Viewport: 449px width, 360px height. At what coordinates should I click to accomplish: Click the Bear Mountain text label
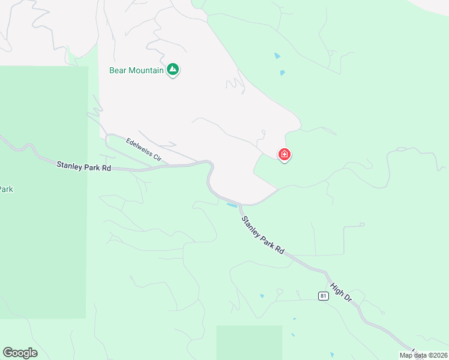pos(136,70)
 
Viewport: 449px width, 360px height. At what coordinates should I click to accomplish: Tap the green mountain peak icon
pos(173,70)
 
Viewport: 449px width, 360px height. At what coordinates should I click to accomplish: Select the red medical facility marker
pos(285,155)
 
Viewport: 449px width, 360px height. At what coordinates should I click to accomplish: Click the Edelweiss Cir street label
pos(144,150)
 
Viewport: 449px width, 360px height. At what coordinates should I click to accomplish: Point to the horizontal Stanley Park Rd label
pos(84,166)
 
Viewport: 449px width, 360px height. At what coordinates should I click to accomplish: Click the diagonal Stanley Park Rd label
pos(263,235)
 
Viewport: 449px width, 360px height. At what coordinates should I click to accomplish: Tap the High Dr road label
pos(340,290)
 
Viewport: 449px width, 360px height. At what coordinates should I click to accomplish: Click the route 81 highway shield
pos(323,296)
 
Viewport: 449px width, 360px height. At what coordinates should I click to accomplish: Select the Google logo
pos(20,353)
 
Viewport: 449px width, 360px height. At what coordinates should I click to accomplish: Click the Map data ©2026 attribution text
pos(423,355)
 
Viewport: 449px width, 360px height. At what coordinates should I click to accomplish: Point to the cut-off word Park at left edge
pos(6,190)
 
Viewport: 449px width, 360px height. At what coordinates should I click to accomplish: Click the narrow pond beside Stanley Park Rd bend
pos(231,205)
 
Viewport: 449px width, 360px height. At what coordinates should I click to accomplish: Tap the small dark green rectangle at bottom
pos(249,342)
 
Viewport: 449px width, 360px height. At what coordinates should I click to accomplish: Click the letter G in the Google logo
pos(8,353)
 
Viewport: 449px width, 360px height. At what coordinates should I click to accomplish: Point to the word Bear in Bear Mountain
pos(117,70)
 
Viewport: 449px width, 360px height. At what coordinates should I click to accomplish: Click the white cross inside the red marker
pos(285,154)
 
